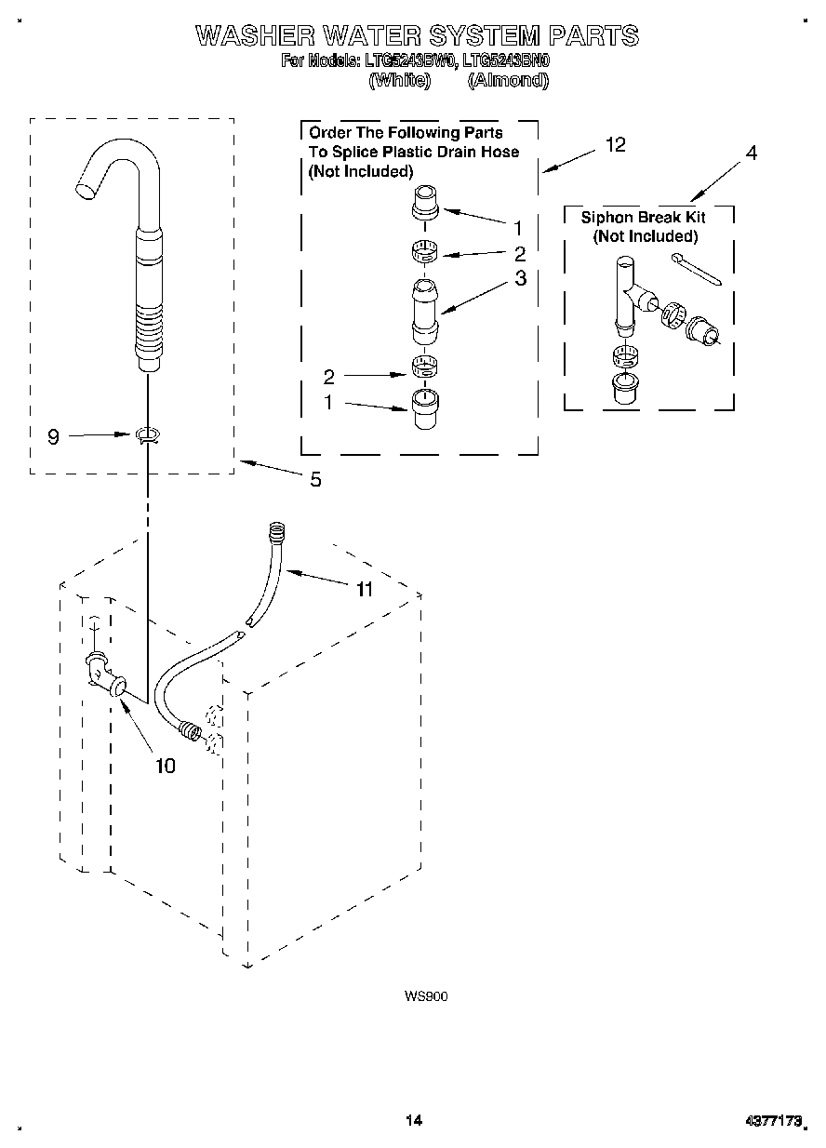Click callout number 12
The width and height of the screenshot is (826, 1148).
point(615,144)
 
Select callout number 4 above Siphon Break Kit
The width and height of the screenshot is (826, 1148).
point(752,154)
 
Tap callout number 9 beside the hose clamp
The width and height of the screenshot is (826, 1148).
point(53,436)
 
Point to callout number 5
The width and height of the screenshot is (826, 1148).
point(315,480)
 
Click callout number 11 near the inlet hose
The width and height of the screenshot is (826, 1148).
point(364,589)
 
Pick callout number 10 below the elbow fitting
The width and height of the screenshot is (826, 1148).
point(165,766)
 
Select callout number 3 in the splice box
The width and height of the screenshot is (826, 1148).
point(520,277)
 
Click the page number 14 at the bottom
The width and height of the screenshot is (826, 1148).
point(413,1120)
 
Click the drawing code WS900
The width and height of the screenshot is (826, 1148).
point(426,996)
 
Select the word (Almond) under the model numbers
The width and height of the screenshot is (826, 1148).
point(508,80)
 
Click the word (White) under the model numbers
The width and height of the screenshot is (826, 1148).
point(400,80)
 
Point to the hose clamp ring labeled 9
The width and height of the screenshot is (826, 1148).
point(147,434)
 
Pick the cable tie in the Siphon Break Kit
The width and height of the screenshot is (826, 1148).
point(697,269)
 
